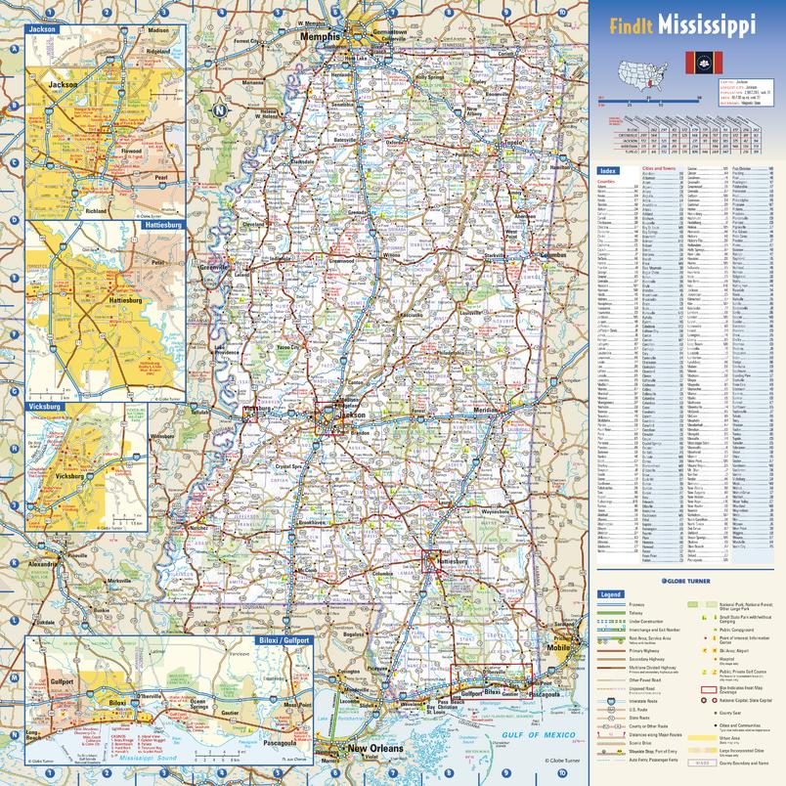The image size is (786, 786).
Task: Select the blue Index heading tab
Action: (x=608, y=170)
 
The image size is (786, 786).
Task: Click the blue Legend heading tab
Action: (x=611, y=594)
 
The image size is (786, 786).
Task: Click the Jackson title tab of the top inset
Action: (x=43, y=29)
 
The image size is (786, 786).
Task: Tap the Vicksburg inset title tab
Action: (x=44, y=404)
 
